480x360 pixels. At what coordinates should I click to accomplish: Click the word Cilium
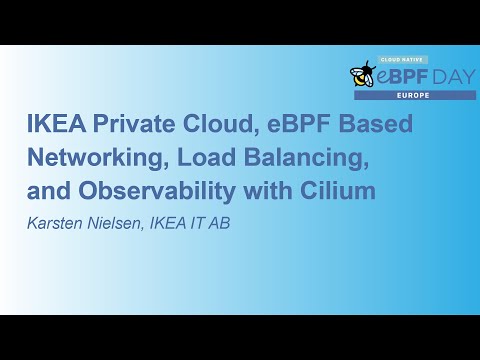340,191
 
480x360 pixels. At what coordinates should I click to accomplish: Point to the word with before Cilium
272,191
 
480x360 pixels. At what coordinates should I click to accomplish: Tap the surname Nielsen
118,223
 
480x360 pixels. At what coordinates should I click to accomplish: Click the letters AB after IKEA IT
221,223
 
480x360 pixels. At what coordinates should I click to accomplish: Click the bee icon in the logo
362,74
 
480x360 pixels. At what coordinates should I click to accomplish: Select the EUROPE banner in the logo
414,95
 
